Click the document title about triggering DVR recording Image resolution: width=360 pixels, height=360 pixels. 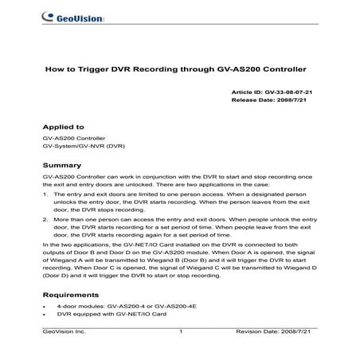pyautogui.click(x=179, y=69)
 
